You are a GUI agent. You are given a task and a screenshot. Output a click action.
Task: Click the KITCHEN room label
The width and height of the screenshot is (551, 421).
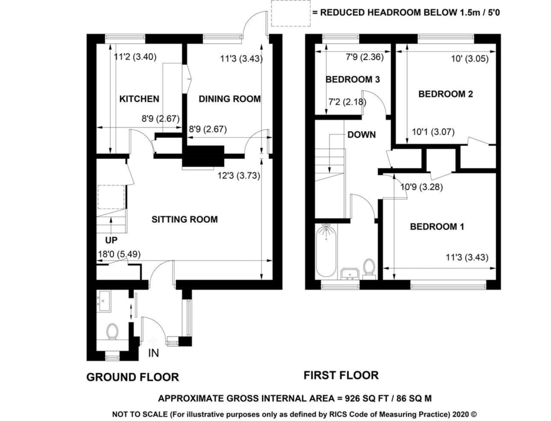(x=139, y=99)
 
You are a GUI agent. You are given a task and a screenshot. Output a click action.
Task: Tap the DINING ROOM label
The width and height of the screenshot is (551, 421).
(x=230, y=99)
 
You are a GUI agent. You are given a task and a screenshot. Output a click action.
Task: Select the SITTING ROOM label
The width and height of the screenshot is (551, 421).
(x=185, y=220)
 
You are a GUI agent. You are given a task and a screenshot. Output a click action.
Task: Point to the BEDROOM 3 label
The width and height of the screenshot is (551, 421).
(x=353, y=80)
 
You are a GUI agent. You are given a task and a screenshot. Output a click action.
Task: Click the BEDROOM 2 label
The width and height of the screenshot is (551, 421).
(x=445, y=94)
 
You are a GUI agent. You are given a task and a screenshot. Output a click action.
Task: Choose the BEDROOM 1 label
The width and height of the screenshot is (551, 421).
(x=437, y=227)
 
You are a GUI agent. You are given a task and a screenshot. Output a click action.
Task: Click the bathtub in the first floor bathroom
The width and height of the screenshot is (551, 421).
(x=326, y=250)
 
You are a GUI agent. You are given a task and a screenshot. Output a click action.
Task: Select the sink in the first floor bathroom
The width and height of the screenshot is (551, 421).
(x=350, y=274)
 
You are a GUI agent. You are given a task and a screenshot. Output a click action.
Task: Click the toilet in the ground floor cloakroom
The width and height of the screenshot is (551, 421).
(x=112, y=331)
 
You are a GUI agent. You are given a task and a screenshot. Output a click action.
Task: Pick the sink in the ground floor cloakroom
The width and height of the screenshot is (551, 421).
(x=104, y=301)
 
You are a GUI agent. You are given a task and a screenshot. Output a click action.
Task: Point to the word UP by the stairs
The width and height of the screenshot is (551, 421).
(x=111, y=240)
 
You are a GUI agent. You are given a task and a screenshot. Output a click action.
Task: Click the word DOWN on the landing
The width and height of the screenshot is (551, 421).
(x=361, y=135)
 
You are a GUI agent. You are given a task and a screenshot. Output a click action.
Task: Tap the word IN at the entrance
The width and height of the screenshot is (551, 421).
(x=154, y=353)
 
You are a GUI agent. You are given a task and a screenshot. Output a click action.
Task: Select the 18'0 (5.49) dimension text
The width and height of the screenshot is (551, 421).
(x=119, y=255)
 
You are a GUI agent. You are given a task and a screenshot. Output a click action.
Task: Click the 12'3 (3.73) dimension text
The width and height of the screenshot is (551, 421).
(x=239, y=176)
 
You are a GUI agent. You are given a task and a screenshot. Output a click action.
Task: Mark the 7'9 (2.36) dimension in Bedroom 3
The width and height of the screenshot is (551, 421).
(x=365, y=57)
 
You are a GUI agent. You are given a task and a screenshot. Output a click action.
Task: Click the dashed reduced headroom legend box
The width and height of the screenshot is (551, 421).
(x=291, y=13)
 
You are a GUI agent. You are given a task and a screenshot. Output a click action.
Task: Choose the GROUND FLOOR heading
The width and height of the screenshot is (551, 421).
(x=133, y=377)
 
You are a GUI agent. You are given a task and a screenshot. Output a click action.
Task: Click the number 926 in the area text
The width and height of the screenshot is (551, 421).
(x=353, y=398)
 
